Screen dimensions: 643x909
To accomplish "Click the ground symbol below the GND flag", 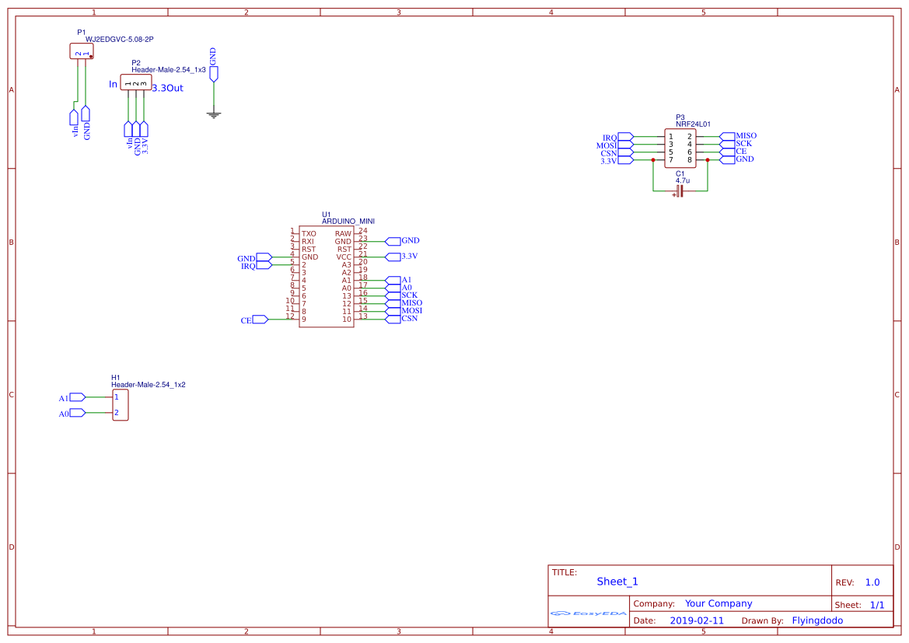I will [214, 115].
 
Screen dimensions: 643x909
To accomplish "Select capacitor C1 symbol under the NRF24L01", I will [680, 190].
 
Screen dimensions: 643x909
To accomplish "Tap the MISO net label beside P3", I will [745, 136].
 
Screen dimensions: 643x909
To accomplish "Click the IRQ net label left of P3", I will [610, 138].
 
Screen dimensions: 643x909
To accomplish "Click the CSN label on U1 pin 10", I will [409, 319].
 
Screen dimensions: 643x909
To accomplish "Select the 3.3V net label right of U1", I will [409, 257].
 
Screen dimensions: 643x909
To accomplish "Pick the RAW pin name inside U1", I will [343, 233].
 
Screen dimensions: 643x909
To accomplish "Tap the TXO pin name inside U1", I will [309, 233].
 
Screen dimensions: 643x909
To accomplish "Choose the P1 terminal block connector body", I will [82, 51].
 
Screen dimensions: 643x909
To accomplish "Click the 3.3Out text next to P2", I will [168, 88].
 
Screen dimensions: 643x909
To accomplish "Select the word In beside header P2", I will [114, 84].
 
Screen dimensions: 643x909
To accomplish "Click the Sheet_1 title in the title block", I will [617, 582].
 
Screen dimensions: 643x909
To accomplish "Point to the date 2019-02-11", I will [697, 620].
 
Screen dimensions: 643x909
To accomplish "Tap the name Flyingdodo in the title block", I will [817, 620].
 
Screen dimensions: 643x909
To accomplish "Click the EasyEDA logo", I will [589, 613].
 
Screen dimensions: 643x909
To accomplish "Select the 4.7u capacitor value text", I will [683, 180].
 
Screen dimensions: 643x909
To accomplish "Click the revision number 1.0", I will [872, 582].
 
